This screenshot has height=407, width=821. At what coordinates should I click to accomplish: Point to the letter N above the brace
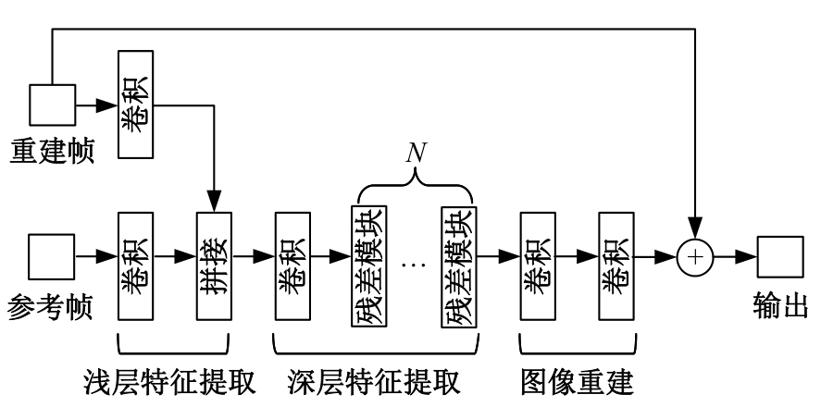coord(416,153)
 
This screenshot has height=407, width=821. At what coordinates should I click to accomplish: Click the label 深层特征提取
coord(375,381)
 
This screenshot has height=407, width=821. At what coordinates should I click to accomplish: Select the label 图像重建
coord(578,381)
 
